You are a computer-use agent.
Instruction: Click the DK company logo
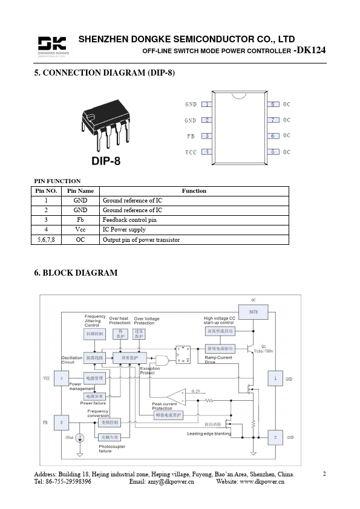click(53, 46)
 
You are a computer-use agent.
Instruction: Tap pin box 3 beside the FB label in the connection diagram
click(207, 136)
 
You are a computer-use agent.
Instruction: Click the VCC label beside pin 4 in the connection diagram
click(191, 152)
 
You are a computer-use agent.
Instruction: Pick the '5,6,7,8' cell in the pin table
click(46, 239)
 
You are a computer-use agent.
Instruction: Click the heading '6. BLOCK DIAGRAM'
click(76, 273)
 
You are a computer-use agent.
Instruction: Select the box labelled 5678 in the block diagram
click(253, 312)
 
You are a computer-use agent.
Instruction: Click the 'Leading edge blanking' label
click(209, 433)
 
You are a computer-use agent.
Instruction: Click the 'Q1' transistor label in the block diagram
click(263, 346)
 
